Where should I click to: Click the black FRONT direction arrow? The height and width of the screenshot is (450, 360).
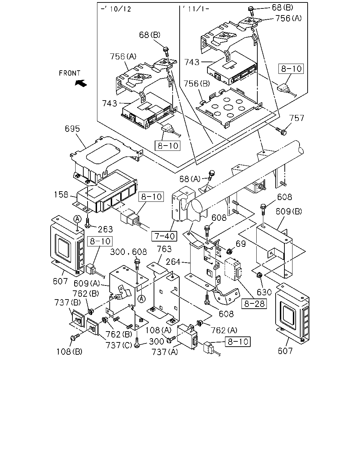tap(81, 83)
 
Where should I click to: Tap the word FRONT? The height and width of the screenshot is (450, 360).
tap(70, 73)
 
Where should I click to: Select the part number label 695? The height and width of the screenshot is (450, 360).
tap(72, 129)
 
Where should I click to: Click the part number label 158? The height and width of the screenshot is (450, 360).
tap(61, 195)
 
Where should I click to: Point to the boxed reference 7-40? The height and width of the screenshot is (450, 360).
tap(165, 236)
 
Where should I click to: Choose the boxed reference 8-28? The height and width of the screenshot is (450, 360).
tap(254, 304)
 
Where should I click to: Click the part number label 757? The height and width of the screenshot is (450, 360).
tap(297, 118)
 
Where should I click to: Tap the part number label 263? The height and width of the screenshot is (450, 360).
tap(105, 229)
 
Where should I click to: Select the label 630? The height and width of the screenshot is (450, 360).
tap(264, 292)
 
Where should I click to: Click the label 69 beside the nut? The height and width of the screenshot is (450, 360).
tap(241, 244)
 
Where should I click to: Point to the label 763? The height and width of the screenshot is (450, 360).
tap(164, 249)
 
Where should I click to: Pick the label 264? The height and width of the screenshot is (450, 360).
tap(173, 262)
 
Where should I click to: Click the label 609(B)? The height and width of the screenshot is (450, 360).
tap(289, 212)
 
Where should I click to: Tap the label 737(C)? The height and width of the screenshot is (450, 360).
tap(119, 345)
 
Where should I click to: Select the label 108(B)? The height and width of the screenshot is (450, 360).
tap(69, 352)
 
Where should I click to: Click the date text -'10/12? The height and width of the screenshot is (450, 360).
tap(116, 9)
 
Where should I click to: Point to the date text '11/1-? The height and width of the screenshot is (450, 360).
tap(196, 9)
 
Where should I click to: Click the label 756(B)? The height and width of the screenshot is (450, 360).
tap(197, 84)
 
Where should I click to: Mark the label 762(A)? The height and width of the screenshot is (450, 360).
tap(224, 330)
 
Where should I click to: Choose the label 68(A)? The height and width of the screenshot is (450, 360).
tap(190, 179)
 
